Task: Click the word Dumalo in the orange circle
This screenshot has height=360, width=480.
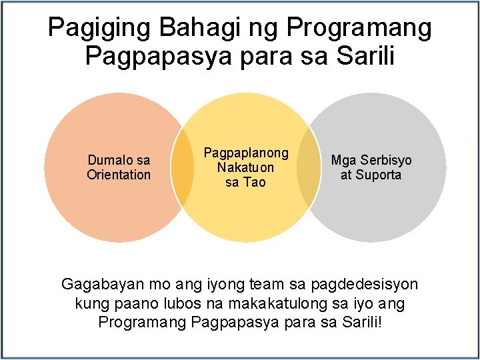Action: [105, 160]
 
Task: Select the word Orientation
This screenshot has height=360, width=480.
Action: [119, 175]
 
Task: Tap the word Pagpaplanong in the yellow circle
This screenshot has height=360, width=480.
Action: [246, 153]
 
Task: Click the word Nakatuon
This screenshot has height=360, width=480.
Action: [245, 167]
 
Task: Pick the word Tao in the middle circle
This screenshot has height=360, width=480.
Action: [255, 182]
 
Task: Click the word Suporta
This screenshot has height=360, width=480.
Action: [379, 175]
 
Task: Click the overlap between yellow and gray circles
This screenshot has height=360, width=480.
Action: [308, 167]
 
